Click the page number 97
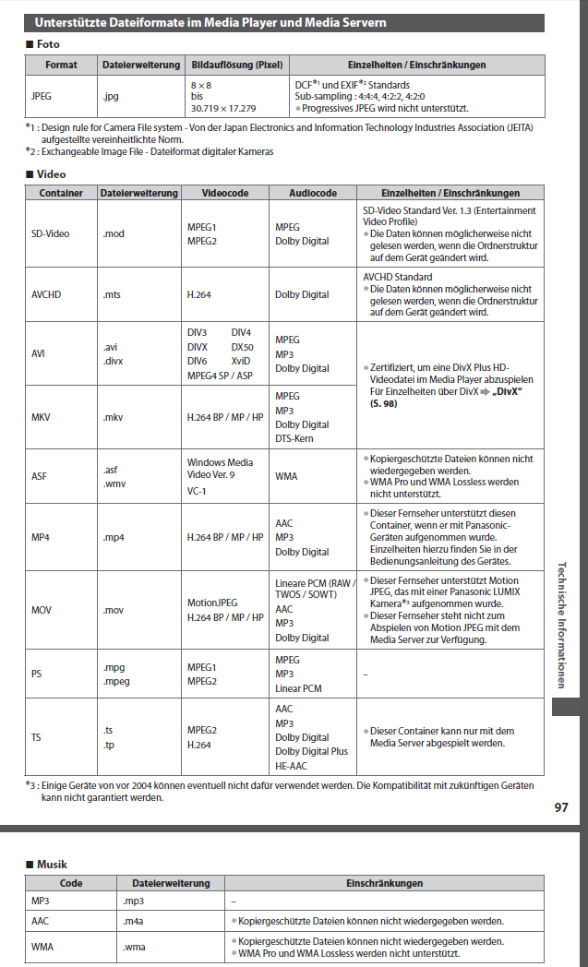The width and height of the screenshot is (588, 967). [x=561, y=807]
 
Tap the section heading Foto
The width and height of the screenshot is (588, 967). [x=50, y=43]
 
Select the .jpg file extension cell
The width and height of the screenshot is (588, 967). [x=112, y=94]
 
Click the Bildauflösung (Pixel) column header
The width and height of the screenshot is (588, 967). [x=236, y=66]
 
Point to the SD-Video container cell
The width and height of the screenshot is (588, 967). [x=51, y=233]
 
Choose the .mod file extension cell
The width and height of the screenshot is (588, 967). [x=114, y=233]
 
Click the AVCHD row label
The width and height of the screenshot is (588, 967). [x=46, y=294]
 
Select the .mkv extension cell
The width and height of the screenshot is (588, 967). [x=114, y=417]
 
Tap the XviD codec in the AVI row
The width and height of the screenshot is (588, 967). [x=241, y=361]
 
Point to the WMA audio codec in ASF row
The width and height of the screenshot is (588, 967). [x=286, y=476]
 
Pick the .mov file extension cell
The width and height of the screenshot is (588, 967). [x=114, y=610]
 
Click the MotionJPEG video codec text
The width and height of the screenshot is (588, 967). [x=212, y=603]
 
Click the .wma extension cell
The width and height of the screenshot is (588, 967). [x=135, y=947]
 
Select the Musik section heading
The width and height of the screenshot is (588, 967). [x=52, y=865]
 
